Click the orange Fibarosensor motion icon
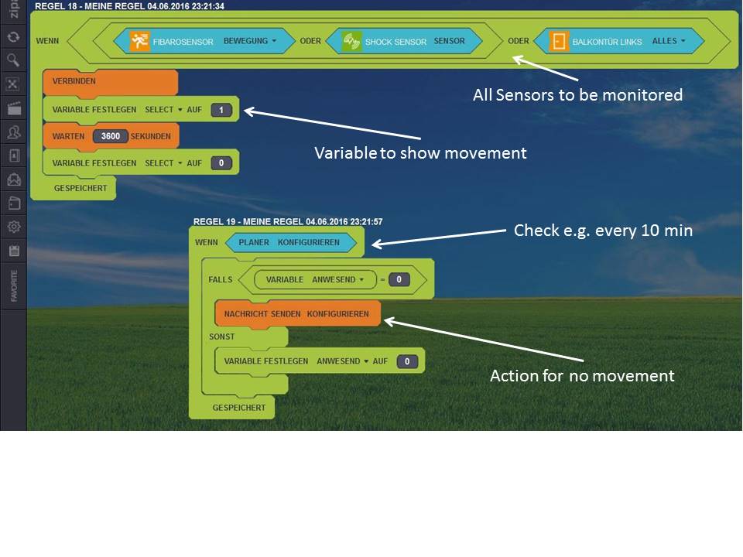point(140,41)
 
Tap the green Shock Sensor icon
point(352,41)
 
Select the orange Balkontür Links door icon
point(559,41)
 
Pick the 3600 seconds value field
point(111,136)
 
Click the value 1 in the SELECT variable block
point(221,110)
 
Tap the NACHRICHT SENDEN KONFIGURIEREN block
point(298,313)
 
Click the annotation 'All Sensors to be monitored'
point(577,95)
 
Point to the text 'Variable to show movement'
point(420,153)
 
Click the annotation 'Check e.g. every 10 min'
point(603,231)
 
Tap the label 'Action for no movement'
point(582,376)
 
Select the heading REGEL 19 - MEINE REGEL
point(288,221)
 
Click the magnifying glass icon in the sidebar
point(13,60)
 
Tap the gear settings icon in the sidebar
point(13,227)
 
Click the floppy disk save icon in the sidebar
point(13,251)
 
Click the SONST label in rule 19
point(222,337)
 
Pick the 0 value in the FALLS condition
point(399,279)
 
